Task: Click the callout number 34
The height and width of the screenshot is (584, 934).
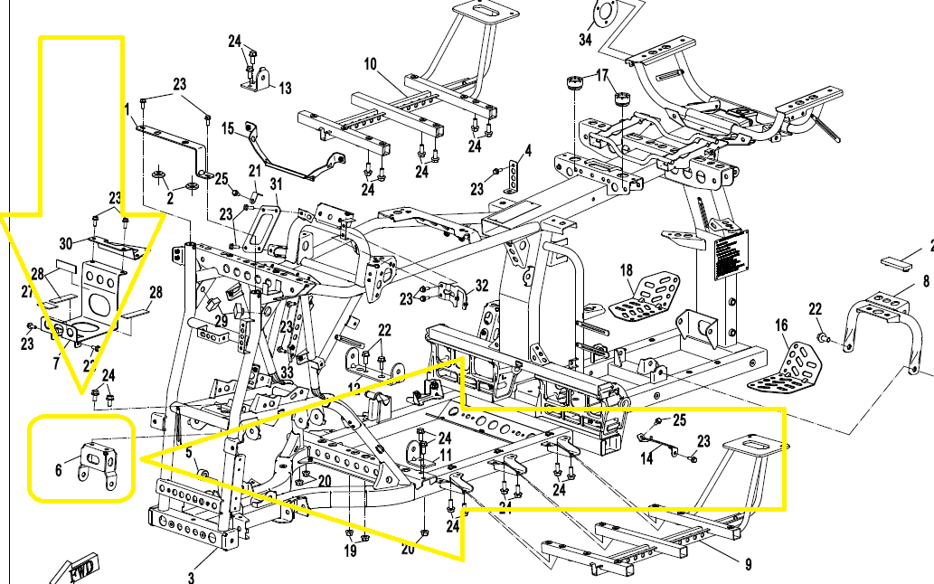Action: tap(585, 40)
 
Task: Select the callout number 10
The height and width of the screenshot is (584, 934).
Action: tap(370, 64)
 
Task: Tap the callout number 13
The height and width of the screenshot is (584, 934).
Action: tap(285, 89)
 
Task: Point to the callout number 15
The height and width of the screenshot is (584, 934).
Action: tap(228, 127)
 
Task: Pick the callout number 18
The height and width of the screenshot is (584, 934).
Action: tap(625, 270)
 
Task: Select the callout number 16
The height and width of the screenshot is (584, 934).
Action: tap(781, 325)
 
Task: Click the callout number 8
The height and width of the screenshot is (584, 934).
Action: tap(925, 281)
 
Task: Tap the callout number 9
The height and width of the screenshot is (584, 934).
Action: tap(748, 565)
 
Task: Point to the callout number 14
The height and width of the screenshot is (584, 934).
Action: tap(646, 458)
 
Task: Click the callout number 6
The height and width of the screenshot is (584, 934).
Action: tap(59, 469)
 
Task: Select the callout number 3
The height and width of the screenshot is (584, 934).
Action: tap(190, 576)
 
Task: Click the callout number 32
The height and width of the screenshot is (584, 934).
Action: tap(481, 286)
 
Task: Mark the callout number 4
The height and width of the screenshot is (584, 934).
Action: tap(528, 149)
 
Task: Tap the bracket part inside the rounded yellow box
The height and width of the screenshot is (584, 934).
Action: tap(101, 463)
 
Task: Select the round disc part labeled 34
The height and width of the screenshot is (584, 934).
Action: tap(603, 15)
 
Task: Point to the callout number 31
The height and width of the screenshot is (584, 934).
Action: tap(276, 184)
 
